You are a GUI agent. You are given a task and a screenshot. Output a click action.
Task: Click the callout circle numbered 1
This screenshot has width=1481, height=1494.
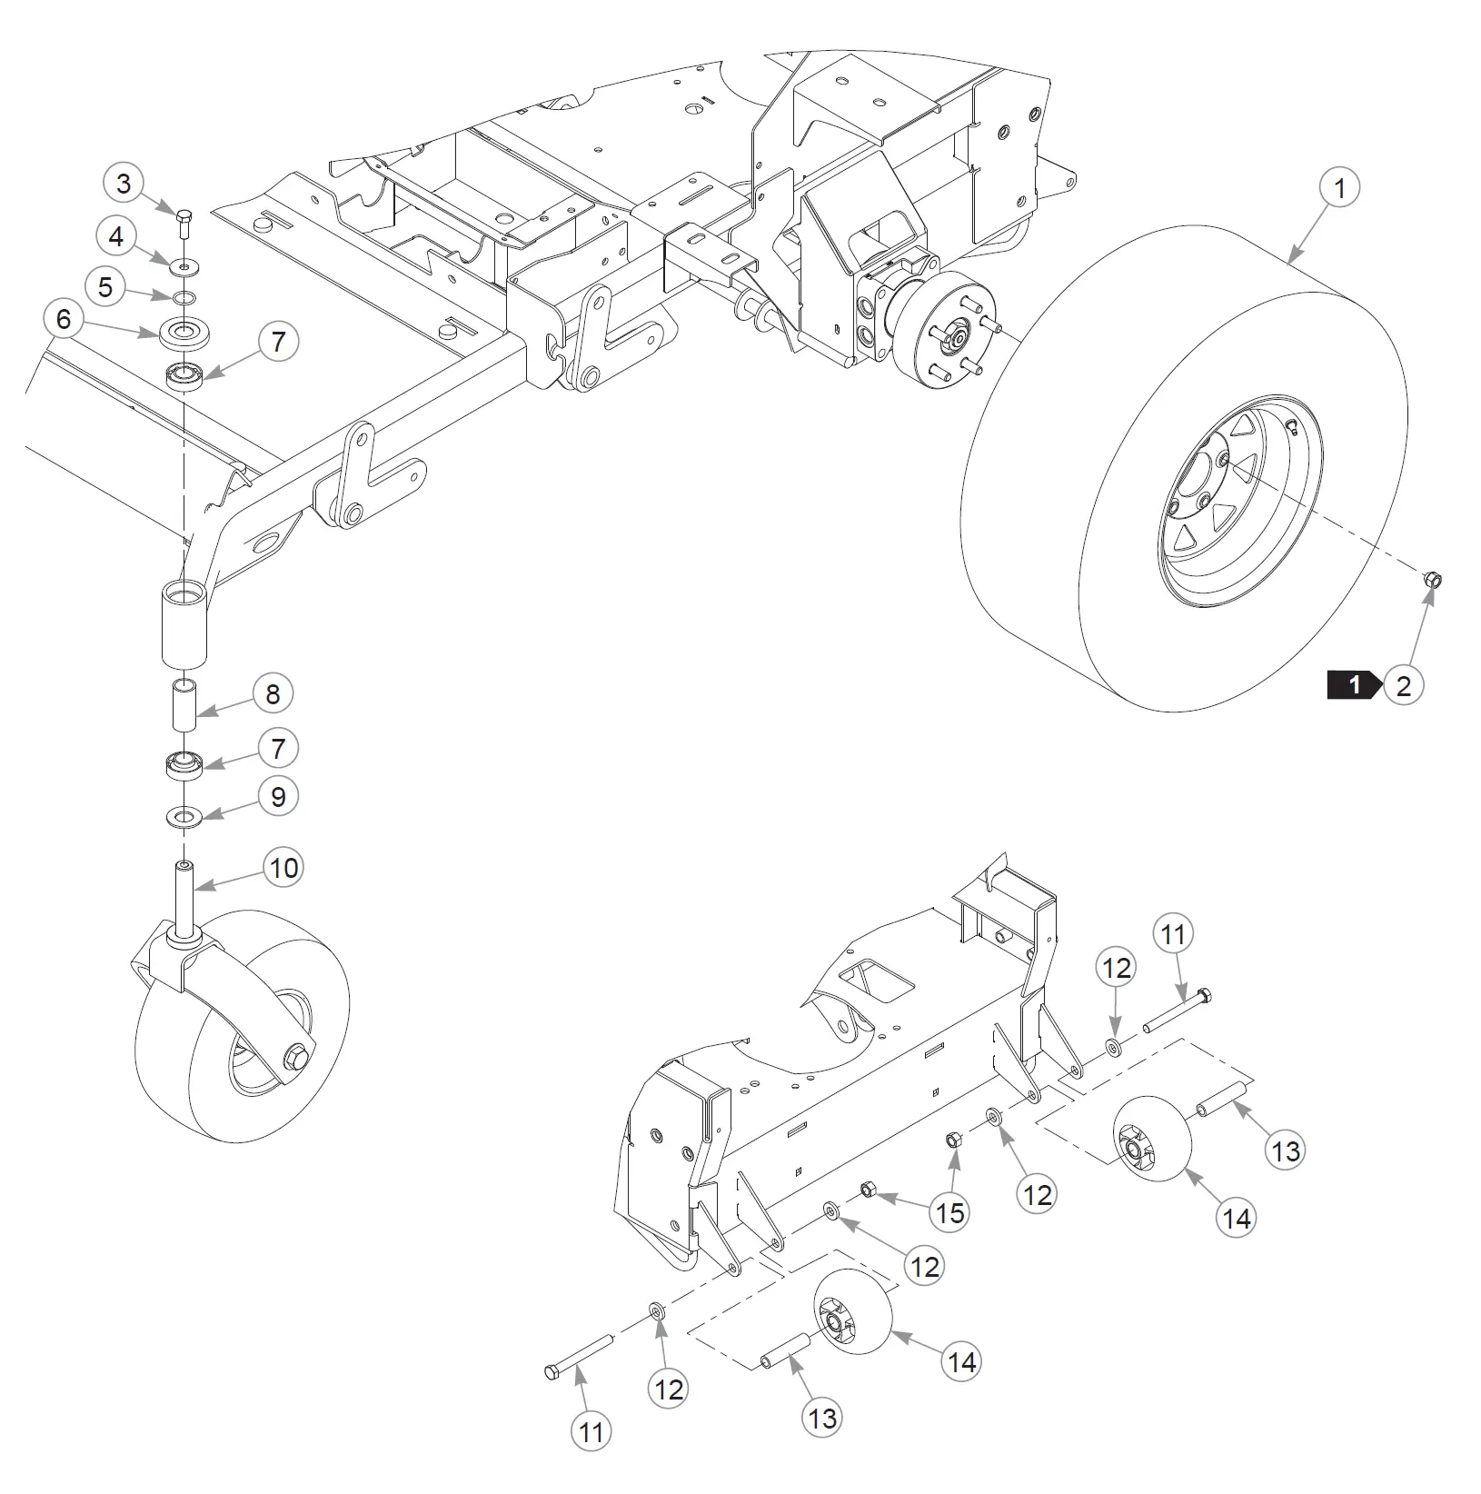[1338, 188]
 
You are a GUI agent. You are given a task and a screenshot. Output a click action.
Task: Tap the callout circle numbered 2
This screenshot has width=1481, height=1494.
[1403, 684]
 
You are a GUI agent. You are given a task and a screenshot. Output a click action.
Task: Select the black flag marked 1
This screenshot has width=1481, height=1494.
[1355, 684]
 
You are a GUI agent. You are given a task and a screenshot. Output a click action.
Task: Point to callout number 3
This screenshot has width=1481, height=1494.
[124, 184]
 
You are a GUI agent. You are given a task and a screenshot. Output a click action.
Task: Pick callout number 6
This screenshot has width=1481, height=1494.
[63, 319]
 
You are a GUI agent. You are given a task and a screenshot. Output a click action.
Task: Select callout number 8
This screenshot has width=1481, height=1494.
[273, 694]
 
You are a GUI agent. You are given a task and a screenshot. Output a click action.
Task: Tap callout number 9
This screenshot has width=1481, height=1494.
[278, 797]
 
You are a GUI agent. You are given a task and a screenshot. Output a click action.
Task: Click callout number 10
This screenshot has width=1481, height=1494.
[283, 868]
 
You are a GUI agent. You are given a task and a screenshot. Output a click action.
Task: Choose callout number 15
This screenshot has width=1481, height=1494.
[949, 1212]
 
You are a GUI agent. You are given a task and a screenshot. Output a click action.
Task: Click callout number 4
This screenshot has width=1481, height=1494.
[115, 237]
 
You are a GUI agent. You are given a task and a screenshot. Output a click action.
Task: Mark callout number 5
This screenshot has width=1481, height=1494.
[105, 287]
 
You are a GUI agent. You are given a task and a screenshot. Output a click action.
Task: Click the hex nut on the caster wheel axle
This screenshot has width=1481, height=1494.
[296, 1059]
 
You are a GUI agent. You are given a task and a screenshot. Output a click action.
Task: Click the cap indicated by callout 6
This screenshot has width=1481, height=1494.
[185, 333]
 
